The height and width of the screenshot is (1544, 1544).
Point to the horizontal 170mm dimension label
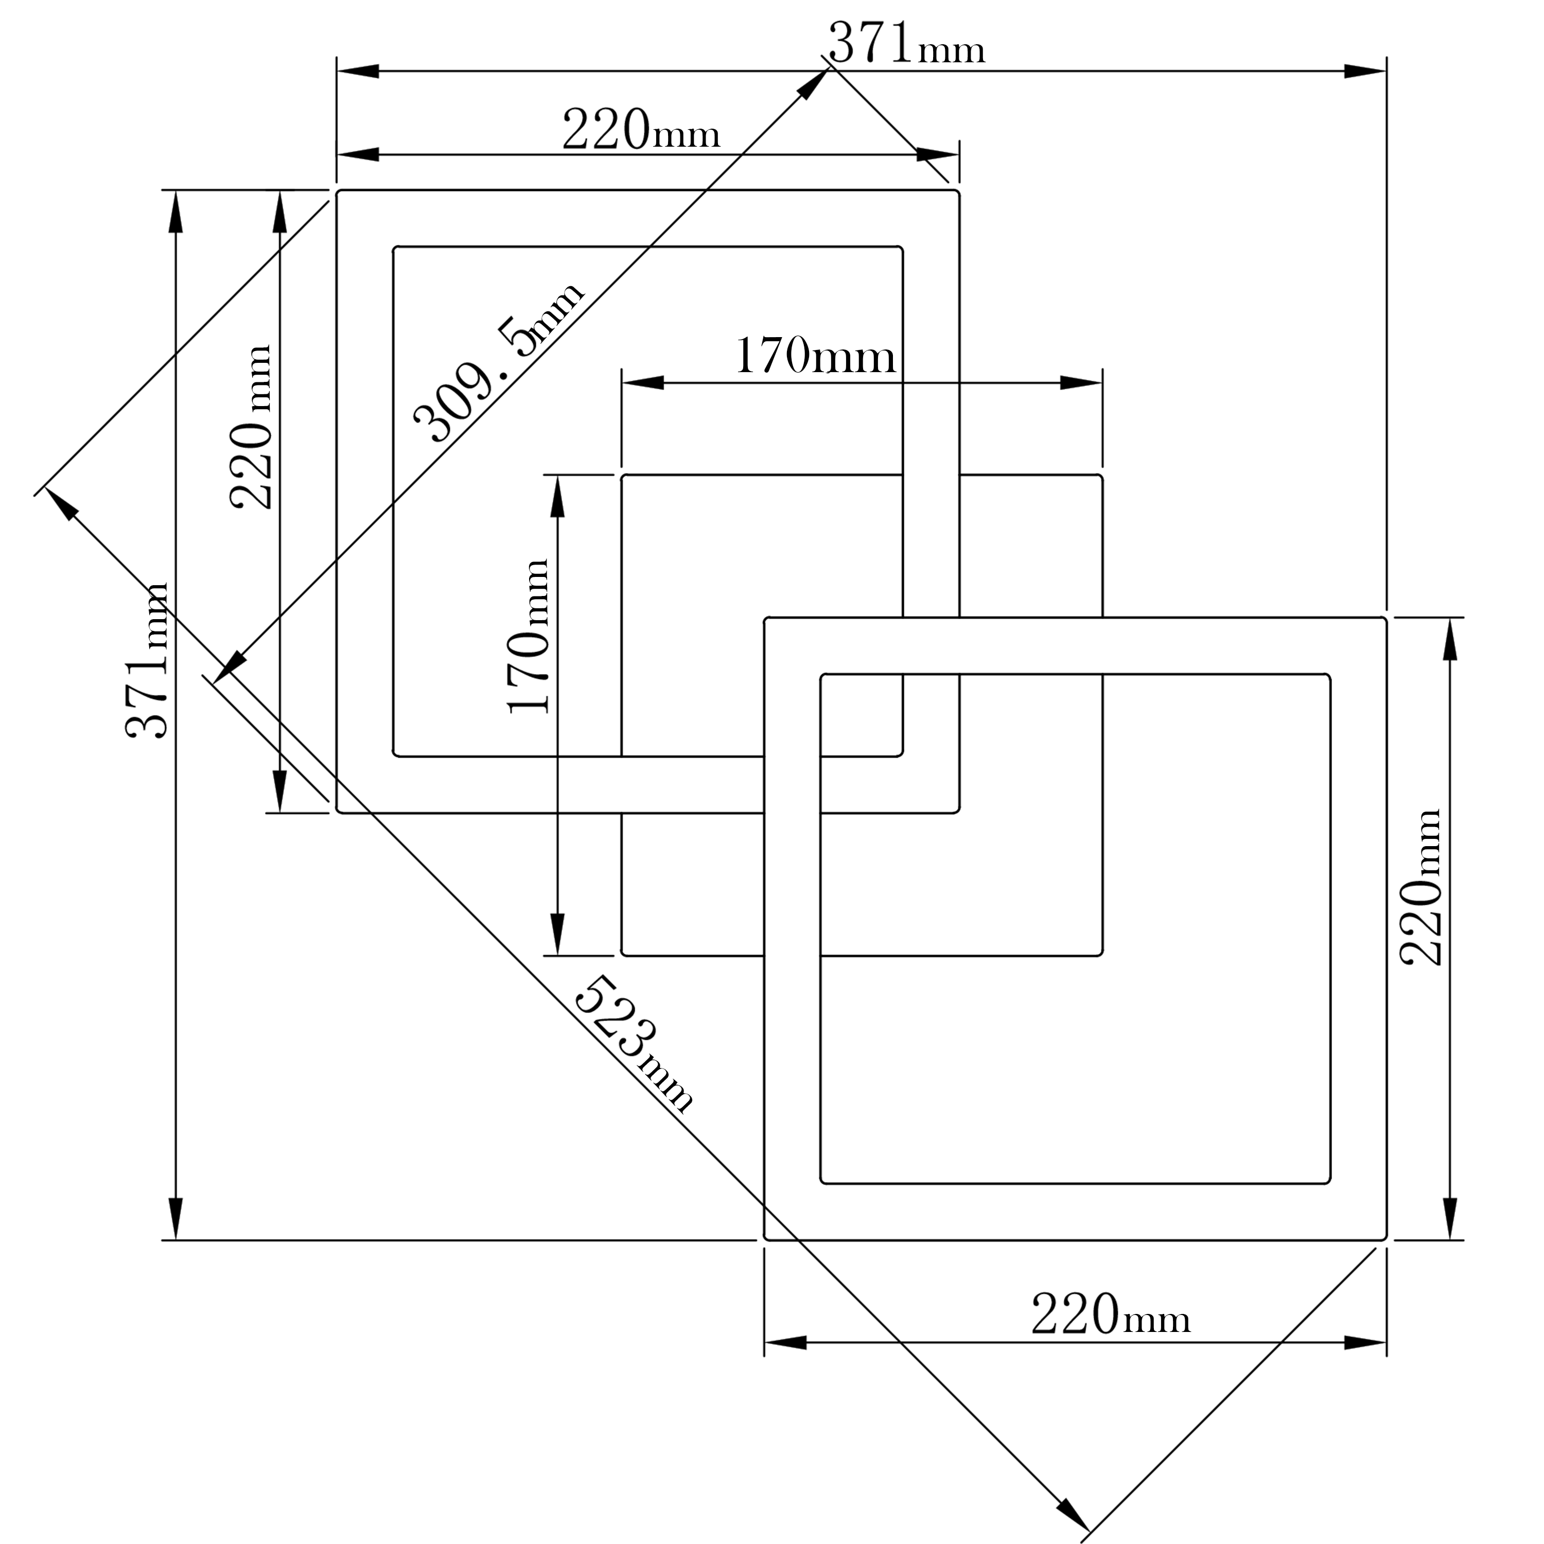click(814, 357)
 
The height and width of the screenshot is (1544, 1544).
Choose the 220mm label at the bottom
click(1111, 1314)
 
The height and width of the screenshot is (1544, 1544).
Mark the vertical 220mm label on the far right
click(1423, 887)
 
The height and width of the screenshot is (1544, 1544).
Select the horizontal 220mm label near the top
click(641, 130)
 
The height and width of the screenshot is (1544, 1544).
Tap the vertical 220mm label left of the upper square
click(252, 428)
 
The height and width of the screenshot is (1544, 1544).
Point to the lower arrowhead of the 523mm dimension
click(1073, 1516)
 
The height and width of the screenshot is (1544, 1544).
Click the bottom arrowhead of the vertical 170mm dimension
click(557, 934)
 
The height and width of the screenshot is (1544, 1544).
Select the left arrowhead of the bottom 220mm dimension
click(785, 1343)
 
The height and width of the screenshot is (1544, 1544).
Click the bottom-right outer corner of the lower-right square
click(1386, 1239)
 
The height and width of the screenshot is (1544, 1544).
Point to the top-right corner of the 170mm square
click(1102, 476)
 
